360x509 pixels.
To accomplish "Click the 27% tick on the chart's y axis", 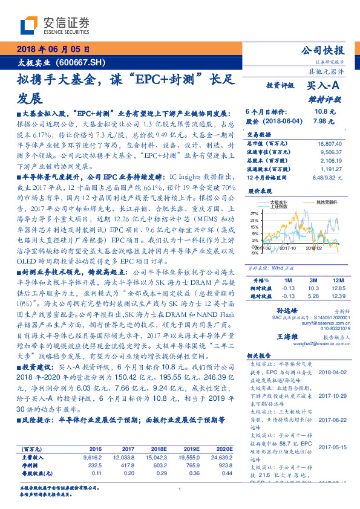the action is [x=254, y=213].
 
